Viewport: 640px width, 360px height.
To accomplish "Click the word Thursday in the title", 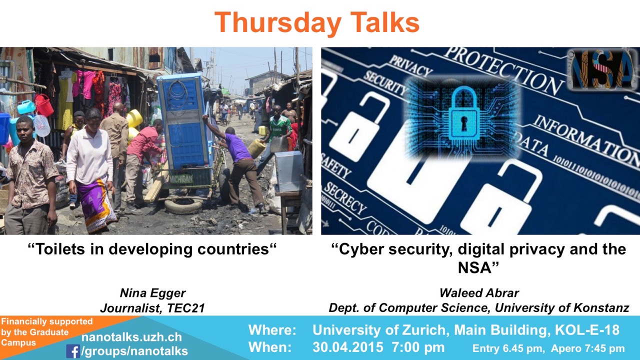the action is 277,23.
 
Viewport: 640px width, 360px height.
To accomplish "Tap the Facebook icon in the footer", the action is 73,351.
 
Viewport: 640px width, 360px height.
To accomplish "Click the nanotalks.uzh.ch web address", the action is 131,337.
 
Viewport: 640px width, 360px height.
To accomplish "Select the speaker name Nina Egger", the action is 152,293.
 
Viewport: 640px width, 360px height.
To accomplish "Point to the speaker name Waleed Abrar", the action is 479,293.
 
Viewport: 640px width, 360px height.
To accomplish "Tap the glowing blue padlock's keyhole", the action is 464,123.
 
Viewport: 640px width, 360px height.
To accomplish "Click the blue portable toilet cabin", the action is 184,121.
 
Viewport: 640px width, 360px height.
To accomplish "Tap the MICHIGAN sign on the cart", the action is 181,179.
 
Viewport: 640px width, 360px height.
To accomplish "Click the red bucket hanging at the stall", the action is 44,105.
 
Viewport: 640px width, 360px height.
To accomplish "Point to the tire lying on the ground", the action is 183,205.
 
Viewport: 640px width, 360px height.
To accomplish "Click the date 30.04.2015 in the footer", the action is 347,347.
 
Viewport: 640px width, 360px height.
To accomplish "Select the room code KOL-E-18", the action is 587,330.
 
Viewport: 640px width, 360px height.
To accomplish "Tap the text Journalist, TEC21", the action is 152,308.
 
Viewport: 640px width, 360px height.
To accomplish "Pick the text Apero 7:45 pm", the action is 587,348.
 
